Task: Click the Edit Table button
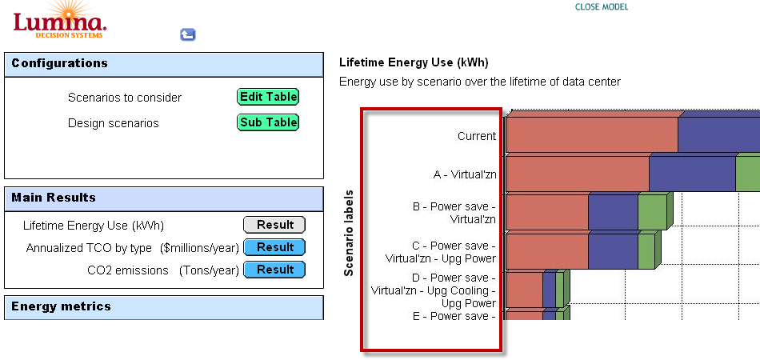267,97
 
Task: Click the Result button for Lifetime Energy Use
274,225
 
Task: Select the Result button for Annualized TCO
274,247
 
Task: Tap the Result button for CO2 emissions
274,270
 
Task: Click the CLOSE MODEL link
601,6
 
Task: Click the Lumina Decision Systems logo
59,20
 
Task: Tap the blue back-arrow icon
187,34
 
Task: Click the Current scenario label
477,136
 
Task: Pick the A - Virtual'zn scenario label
465,175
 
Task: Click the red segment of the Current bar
592,134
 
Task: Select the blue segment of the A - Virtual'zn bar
693,174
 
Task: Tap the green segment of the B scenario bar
652,212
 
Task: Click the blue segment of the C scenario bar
614,251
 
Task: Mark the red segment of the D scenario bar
525,290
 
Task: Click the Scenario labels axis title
348,233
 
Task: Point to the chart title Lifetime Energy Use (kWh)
414,62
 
